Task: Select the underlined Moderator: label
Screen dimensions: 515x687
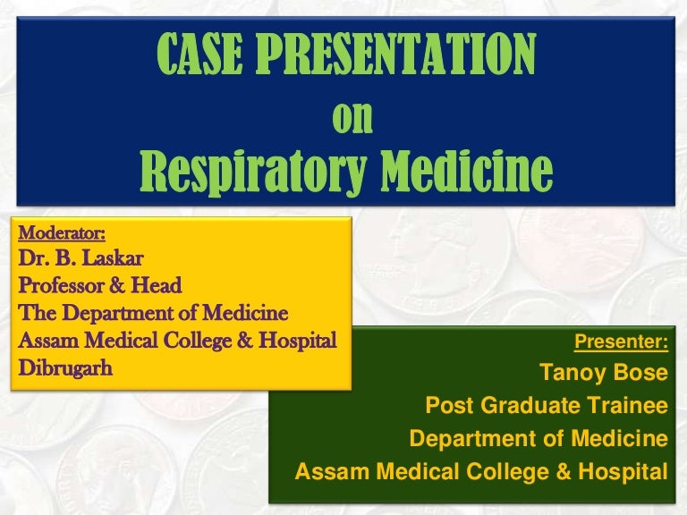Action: (x=62, y=234)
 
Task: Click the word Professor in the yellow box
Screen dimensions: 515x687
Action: (x=61, y=286)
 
